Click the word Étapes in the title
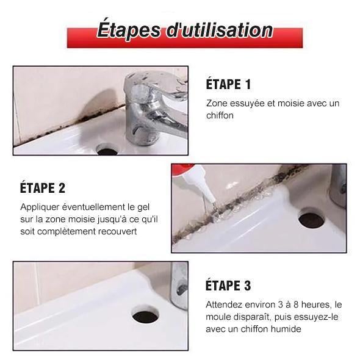coord(129,30)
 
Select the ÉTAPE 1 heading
coord(228,84)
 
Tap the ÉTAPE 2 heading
coord(43,188)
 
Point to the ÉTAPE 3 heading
coord(228,286)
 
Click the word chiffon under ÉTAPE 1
coord(220,115)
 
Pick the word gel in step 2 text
coord(143,207)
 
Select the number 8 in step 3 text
coord(296,304)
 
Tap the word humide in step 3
coord(286,329)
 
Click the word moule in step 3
coord(218,317)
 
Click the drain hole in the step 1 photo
coord(107,149)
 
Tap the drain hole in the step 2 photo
coord(311,218)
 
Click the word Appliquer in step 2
coord(40,207)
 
